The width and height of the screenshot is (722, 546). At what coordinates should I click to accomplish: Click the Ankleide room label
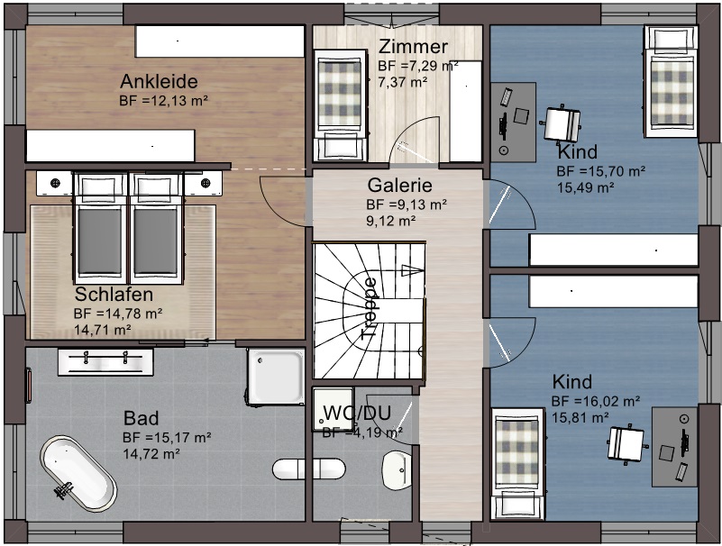159,81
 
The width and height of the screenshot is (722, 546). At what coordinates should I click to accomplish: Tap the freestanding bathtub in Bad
78,474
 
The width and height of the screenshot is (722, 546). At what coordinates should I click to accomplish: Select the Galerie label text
399,185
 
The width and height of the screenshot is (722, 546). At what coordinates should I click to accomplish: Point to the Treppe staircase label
370,308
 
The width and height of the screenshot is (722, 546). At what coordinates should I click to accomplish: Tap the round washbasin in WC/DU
397,469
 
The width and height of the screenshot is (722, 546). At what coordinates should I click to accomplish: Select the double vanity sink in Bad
105,362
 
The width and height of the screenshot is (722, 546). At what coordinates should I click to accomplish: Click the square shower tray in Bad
275,376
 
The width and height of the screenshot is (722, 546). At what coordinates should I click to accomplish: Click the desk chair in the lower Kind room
626,443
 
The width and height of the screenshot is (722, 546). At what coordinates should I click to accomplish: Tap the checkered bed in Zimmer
341,105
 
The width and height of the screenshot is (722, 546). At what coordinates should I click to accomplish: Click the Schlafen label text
114,295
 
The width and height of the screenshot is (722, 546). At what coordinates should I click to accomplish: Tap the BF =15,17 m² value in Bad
167,437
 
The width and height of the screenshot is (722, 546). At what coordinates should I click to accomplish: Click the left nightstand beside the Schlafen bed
54,184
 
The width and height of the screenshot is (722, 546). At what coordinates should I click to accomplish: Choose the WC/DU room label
357,413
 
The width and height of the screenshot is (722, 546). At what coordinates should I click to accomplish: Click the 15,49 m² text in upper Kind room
585,187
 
